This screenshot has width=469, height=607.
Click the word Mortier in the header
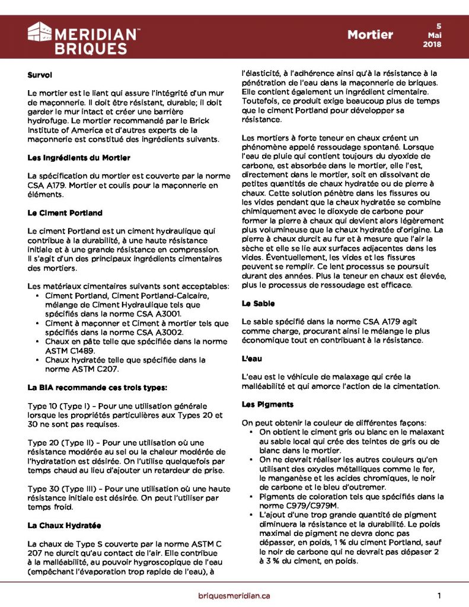[x=370, y=34]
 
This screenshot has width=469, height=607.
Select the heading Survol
[x=40, y=75]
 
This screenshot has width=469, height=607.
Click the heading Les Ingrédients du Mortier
[x=79, y=158]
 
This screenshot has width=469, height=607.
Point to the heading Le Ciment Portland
[x=65, y=212]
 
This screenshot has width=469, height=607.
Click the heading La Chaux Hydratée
[x=65, y=525]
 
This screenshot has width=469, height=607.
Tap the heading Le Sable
[x=258, y=303]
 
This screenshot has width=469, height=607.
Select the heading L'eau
[x=252, y=359]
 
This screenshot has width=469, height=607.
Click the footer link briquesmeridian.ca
[x=234, y=595]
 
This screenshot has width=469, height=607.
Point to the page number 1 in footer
[x=439, y=595]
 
